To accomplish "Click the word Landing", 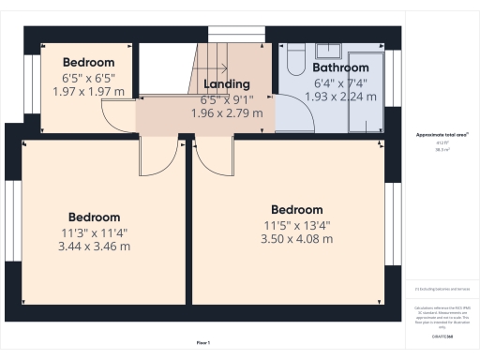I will point(226,84).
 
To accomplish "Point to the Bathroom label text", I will point(339,68).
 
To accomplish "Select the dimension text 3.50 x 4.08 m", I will point(296,239).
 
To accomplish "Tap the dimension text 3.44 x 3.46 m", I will point(93,247).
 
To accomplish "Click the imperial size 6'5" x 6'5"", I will point(87,79).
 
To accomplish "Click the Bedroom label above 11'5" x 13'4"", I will point(296,210).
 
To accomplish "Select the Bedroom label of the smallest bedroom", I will point(88,63).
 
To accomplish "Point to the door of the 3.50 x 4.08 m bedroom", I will point(209,155).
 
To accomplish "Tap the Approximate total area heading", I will point(442,135).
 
